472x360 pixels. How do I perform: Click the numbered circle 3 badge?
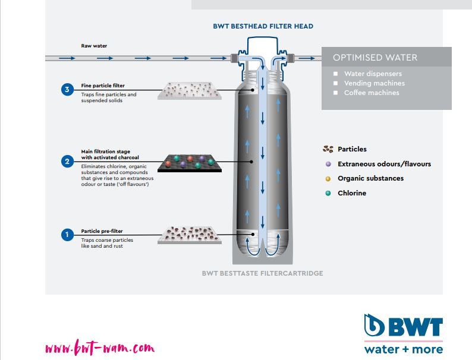(x=67, y=90)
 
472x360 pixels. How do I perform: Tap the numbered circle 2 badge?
(x=67, y=161)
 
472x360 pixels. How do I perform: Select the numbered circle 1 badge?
(x=67, y=235)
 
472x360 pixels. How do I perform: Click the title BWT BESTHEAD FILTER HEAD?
(x=263, y=27)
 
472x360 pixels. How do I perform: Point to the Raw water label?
(x=93, y=45)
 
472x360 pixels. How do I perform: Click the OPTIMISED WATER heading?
(x=375, y=58)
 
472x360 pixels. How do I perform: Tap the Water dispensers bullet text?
(x=373, y=74)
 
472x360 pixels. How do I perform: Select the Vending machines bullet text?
(x=375, y=83)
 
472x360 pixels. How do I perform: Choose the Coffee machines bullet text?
(x=372, y=93)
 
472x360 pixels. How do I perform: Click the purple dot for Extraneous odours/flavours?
(x=328, y=164)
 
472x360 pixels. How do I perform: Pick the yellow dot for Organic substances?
(x=328, y=178)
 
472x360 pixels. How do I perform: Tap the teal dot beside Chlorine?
(x=328, y=193)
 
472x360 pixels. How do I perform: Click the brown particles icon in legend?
(x=328, y=149)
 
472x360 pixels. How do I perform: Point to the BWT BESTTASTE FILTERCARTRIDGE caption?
(x=262, y=274)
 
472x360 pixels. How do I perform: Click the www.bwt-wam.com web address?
(x=100, y=346)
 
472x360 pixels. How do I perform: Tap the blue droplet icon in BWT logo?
(x=376, y=326)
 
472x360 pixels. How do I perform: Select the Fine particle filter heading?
(x=103, y=86)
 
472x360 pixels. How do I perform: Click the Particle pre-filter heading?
(x=102, y=231)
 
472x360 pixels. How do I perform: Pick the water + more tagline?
(x=404, y=349)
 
